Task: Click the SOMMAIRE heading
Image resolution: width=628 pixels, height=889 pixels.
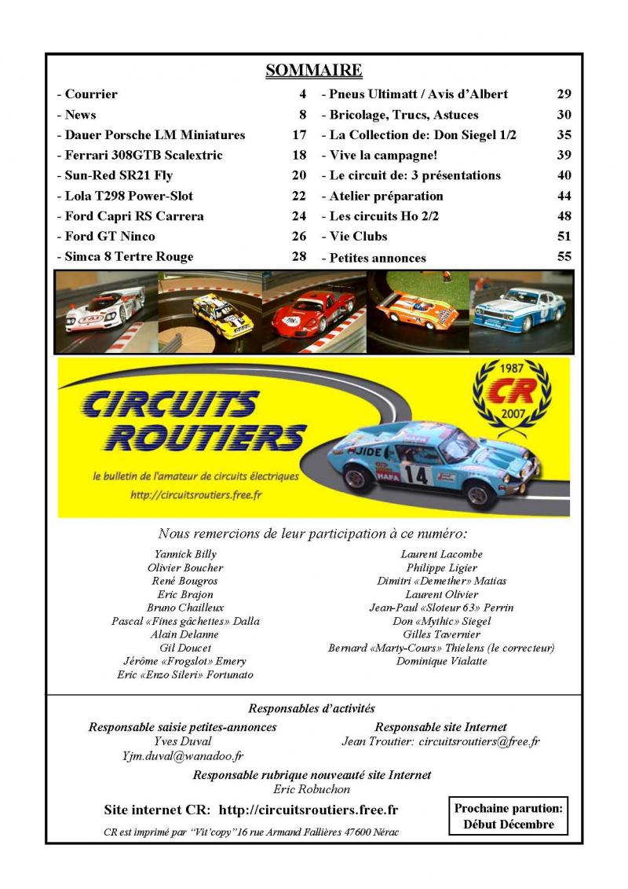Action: pos(313,71)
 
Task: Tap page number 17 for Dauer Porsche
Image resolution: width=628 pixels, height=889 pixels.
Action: pos(298,134)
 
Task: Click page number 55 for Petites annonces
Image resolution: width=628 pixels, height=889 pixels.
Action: pos(564,257)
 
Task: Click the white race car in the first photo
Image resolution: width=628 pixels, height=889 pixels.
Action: pos(104,311)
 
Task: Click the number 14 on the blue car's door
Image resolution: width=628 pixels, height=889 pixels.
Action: pos(418,474)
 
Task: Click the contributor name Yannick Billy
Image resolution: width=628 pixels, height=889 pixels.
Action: pos(184,554)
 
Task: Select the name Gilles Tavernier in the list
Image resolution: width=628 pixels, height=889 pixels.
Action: pos(441,634)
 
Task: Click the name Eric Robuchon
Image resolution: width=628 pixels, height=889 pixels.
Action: pos(312,789)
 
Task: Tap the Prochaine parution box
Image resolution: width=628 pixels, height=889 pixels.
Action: pos(508,816)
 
